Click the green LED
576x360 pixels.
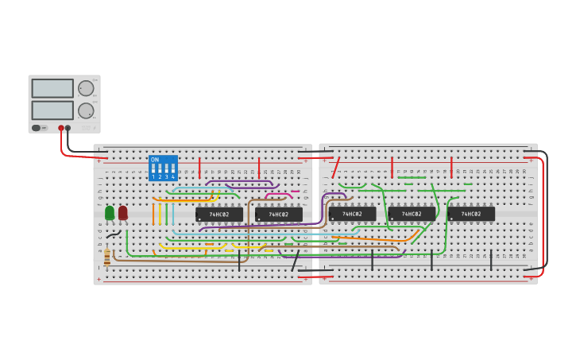pos(110,212)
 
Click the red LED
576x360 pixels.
pos(122,212)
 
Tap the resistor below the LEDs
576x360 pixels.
pos(107,257)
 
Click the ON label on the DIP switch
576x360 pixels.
pos(155,160)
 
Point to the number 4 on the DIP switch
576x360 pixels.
pos(172,176)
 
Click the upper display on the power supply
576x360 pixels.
pos(52,88)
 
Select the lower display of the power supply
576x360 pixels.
pos(52,110)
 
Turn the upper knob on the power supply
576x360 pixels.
pos(86,88)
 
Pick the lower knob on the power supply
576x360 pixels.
pos(86,110)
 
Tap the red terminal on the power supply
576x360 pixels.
pos(61,127)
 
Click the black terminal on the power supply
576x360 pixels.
pos(68,127)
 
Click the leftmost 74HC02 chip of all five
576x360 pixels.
pos(219,214)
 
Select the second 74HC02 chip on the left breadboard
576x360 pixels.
pos(279,214)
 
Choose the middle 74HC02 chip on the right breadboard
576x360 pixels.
pos(412,214)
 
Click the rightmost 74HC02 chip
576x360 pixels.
pos(471,214)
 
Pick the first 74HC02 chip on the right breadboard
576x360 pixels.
pos(352,214)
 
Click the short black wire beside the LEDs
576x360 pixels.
pos(114,234)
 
